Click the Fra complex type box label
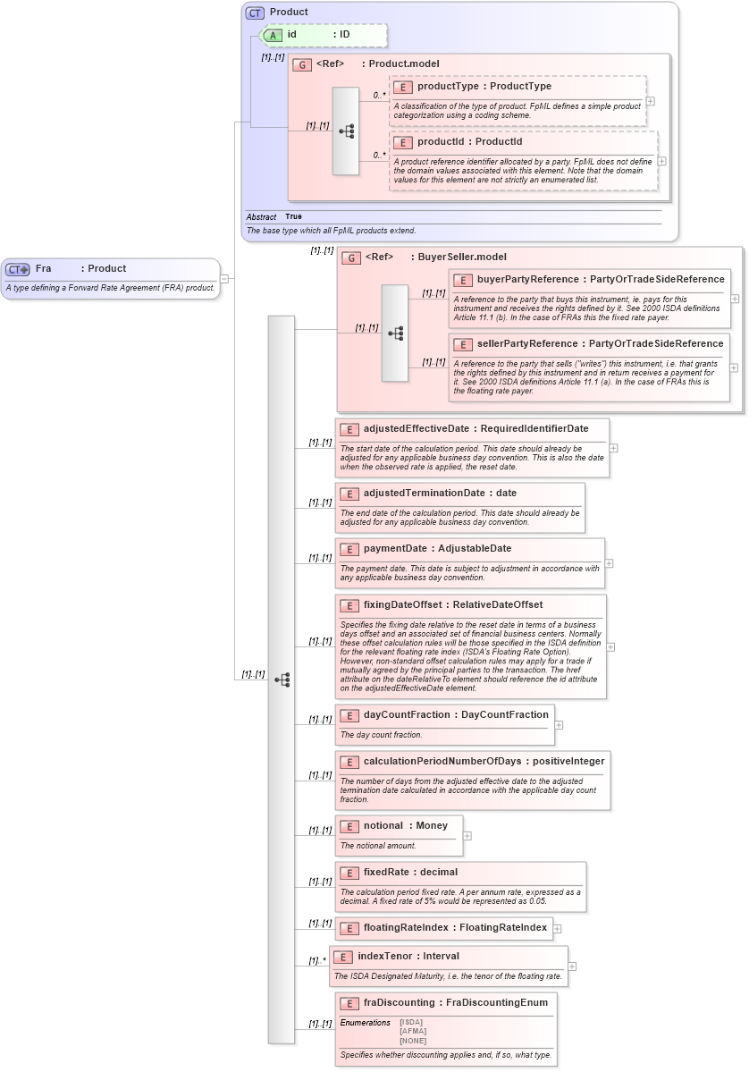43,268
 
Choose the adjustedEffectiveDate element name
416,428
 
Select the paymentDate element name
397,548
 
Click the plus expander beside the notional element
467,836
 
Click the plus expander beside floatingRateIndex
558,929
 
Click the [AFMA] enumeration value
412,1031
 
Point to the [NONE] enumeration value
412,1040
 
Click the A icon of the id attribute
274,35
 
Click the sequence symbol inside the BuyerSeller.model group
395,333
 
